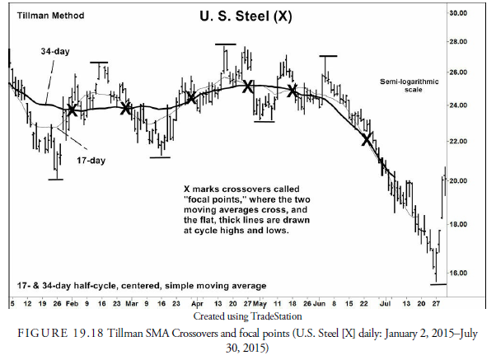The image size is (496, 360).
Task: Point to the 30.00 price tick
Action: (480, 13)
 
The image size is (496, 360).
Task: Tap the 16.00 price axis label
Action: (480, 273)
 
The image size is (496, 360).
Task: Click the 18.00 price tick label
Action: (480, 224)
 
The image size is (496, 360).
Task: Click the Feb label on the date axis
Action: (73, 304)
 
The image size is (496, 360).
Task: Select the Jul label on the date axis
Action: (381, 304)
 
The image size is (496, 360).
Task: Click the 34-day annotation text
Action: (55, 52)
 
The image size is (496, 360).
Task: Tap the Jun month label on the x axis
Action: (320, 304)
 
